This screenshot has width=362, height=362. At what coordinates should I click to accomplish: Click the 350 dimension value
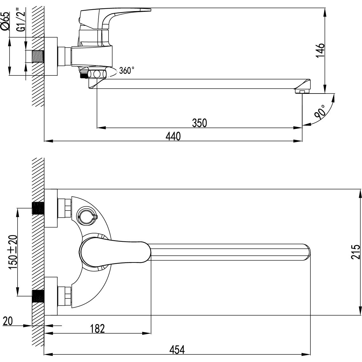(199, 122)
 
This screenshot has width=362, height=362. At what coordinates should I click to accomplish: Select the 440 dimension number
(173, 136)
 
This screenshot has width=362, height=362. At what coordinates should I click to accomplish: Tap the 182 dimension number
(97, 328)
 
